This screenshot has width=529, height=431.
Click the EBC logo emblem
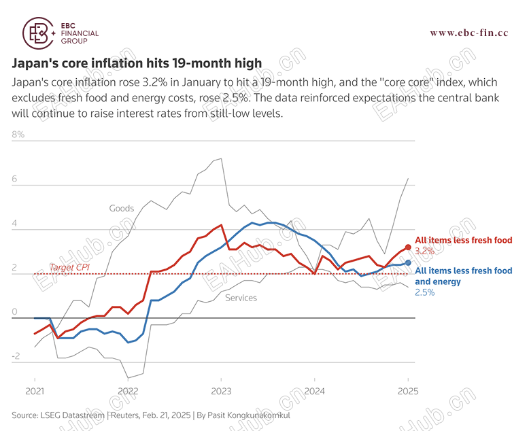[39, 32]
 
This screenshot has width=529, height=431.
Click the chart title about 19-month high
[137, 63]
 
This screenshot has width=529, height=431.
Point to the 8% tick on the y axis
[18, 135]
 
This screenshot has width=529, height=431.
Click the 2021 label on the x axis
[35, 392]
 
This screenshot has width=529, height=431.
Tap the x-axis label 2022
[128, 392]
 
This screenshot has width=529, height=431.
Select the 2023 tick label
[221, 392]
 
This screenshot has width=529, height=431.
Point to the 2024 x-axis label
[314, 392]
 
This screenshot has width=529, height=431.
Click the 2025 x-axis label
[407, 392]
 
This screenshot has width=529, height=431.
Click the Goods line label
[122, 209]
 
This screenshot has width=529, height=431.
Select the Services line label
[241, 298]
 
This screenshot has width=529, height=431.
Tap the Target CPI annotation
[69, 267]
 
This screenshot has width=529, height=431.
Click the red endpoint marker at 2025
[408, 247]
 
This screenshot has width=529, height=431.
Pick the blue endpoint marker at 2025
[408, 262]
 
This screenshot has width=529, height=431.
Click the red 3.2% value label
[424, 251]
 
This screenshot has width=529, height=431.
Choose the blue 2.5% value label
[424, 292]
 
